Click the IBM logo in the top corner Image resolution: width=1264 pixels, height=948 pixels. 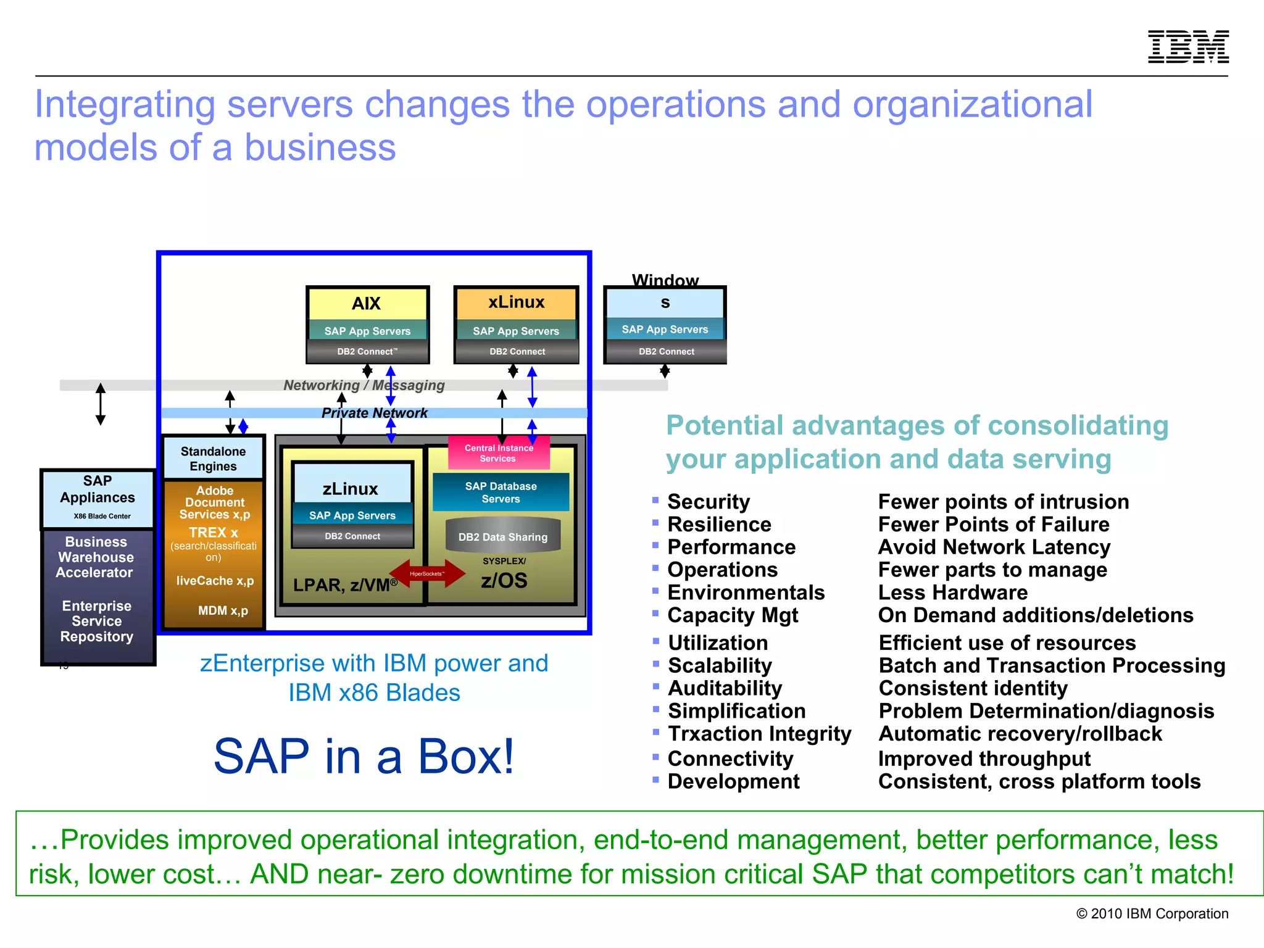pyautogui.click(x=1187, y=47)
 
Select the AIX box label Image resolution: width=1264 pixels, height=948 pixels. pyautogui.click(x=367, y=304)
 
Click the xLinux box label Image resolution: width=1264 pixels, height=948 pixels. pyautogui.click(x=516, y=302)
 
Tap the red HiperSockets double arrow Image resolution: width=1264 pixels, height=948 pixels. pyautogui.click(x=427, y=573)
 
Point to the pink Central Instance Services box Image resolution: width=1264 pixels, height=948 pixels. pyautogui.click(x=498, y=453)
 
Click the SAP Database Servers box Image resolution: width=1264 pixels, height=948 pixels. pyautogui.click(x=501, y=493)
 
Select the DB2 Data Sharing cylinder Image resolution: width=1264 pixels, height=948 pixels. pyautogui.click(x=502, y=536)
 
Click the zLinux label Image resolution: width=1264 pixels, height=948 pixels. pyautogui.click(x=351, y=489)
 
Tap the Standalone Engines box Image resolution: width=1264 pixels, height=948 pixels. pyautogui.click(x=213, y=459)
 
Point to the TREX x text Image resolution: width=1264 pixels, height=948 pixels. pyautogui.click(x=213, y=532)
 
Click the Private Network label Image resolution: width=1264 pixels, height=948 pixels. pyautogui.click(x=374, y=413)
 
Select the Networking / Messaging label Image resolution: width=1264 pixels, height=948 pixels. pyautogui.click(x=364, y=385)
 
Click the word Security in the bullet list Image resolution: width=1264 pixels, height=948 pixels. pyautogui.click(x=708, y=502)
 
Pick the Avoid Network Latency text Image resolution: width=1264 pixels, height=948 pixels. pyautogui.click(x=994, y=547)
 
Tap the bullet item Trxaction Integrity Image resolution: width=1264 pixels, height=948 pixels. pyautogui.click(x=759, y=734)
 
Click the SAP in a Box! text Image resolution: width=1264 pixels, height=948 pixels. pyautogui.click(x=364, y=756)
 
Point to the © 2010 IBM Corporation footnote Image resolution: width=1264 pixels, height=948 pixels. pyautogui.click(x=1152, y=913)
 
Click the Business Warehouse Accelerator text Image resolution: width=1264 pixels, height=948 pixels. pyautogui.click(x=95, y=557)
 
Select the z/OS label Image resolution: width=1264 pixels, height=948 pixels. pyautogui.click(x=504, y=580)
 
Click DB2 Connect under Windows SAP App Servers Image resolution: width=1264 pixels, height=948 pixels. pyautogui.click(x=666, y=352)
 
